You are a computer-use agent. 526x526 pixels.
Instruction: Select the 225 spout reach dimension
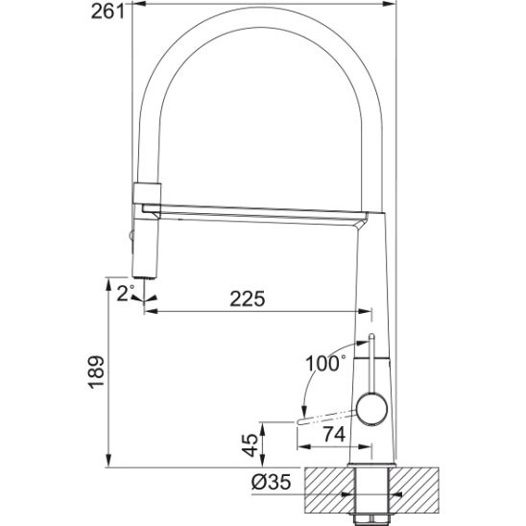(x=248, y=299)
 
